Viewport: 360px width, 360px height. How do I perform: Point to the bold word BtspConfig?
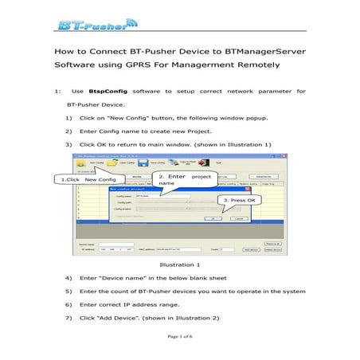(106, 92)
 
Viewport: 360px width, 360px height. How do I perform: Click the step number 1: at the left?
(56, 92)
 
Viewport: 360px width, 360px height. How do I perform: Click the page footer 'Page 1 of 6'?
(180, 338)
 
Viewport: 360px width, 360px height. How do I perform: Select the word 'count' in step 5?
(130, 292)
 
